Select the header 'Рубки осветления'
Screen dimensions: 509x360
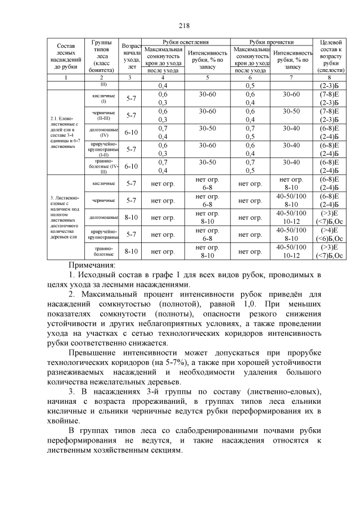point(186,42)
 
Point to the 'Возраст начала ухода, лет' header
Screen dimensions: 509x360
point(132,56)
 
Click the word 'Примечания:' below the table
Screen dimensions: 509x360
point(92,264)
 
